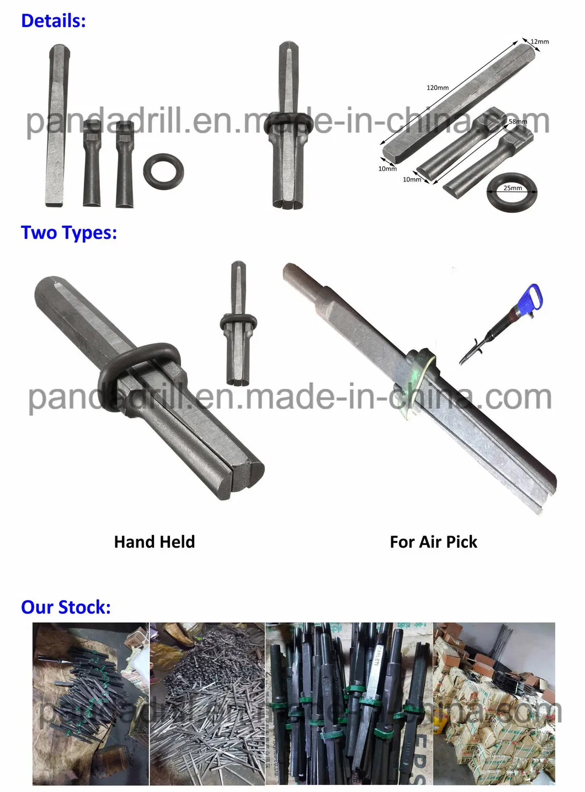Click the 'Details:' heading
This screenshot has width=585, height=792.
pos(54,21)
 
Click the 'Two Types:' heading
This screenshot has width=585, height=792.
pos(69,232)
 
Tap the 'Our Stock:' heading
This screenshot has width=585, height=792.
pos(66,607)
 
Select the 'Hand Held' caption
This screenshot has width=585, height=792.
pos(155,542)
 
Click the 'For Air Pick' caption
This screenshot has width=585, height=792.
pos(433,542)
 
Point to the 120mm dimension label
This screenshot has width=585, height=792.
pos(437,88)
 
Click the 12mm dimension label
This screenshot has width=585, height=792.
pos(540,42)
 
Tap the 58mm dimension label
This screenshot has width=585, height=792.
pos(518,122)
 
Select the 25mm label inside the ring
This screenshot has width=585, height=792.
pos(512,188)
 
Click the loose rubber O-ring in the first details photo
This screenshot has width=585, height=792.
pos(163,170)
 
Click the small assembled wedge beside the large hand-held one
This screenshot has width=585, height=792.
pos(238,325)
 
